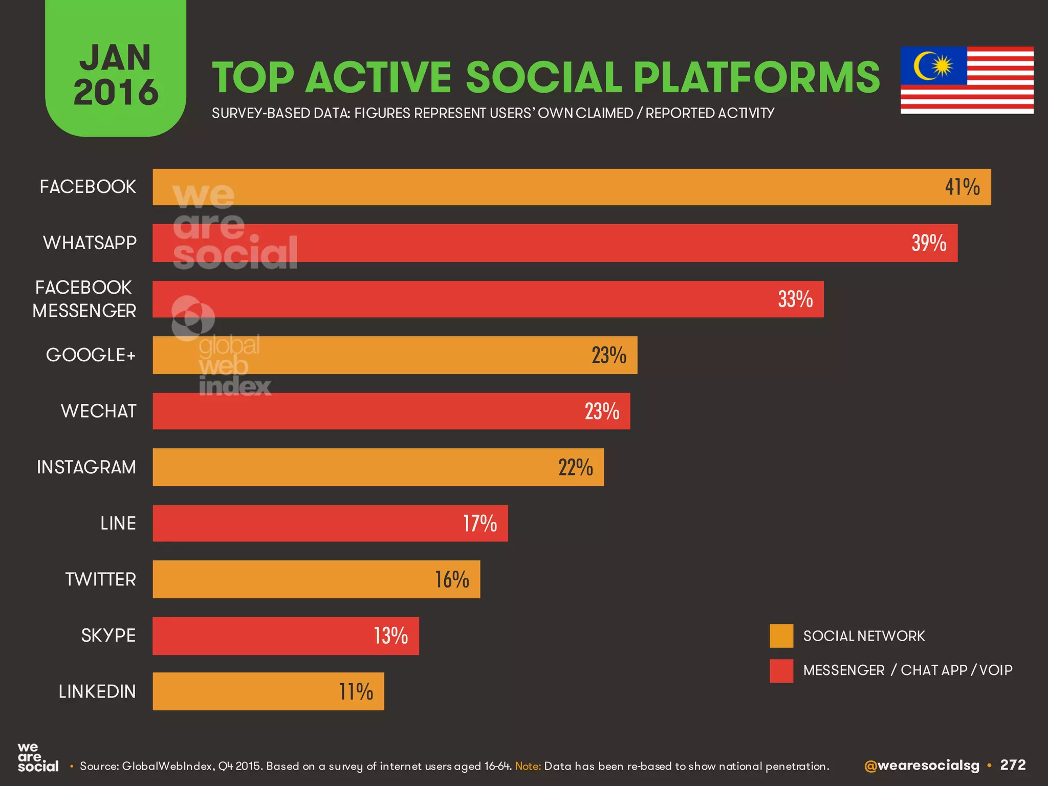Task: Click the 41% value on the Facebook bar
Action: tap(962, 187)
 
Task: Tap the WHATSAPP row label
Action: tap(90, 243)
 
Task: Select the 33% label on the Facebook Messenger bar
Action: tap(795, 299)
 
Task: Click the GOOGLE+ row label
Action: tap(91, 355)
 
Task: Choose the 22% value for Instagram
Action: tap(575, 467)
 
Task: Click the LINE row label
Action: tap(118, 523)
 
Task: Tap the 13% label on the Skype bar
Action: tap(390, 636)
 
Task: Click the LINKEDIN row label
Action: tap(97, 691)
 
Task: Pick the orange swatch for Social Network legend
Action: tap(781, 636)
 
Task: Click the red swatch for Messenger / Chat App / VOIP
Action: tap(781, 670)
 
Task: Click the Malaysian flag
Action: tap(967, 80)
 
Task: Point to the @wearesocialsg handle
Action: tap(921, 766)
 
